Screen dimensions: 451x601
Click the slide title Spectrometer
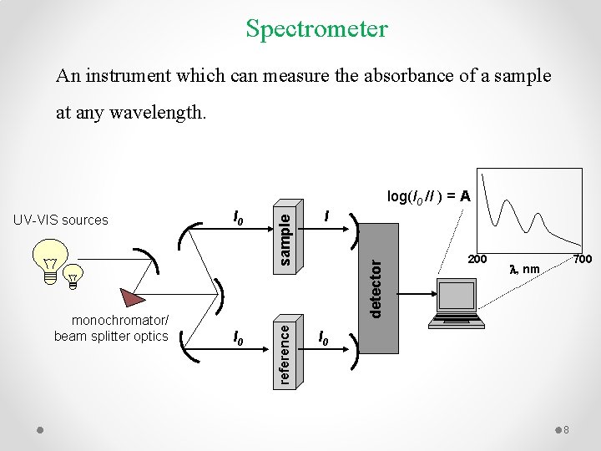point(316,29)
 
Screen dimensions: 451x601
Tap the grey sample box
point(285,235)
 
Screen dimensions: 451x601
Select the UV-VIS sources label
point(61,220)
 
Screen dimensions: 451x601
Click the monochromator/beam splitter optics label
point(111,328)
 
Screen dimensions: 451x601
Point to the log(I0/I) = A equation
point(429,196)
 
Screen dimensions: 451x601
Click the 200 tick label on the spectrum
point(477,260)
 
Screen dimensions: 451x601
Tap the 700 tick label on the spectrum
point(582,260)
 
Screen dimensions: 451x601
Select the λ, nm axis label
point(525,269)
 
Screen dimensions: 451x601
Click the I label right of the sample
point(328,217)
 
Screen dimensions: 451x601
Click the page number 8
point(565,429)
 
